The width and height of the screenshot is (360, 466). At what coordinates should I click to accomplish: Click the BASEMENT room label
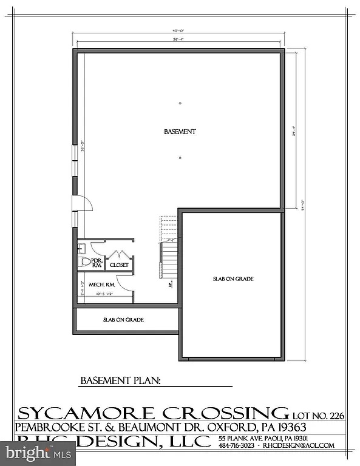click(x=180, y=132)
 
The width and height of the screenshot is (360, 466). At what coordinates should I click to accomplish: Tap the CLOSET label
click(x=119, y=265)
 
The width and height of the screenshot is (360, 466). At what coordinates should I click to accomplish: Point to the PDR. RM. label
click(x=96, y=262)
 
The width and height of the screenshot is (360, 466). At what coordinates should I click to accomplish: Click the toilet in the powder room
click(x=83, y=262)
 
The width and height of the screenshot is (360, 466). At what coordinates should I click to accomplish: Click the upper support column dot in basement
click(x=180, y=103)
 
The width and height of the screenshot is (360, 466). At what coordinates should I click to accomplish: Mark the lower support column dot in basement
click(x=180, y=158)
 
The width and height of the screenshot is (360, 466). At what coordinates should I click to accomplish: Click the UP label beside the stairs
click(x=171, y=283)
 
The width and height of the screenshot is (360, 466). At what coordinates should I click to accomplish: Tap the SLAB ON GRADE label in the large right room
click(x=233, y=279)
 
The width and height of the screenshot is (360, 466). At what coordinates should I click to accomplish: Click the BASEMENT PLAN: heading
click(x=120, y=381)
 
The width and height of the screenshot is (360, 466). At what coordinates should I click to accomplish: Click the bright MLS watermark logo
click(x=38, y=453)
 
